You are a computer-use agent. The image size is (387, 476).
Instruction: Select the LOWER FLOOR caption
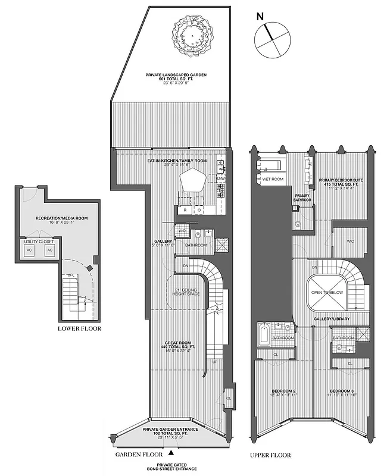[x=79, y=328]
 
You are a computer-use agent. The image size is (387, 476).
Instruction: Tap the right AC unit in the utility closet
[x=50, y=251]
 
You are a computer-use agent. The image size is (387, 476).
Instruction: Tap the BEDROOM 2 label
[x=283, y=391]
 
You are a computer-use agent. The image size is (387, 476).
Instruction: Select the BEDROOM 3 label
[x=342, y=391]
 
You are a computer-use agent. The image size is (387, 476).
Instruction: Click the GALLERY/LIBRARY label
[x=332, y=320]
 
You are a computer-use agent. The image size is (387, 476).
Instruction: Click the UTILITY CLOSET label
[x=39, y=242]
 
